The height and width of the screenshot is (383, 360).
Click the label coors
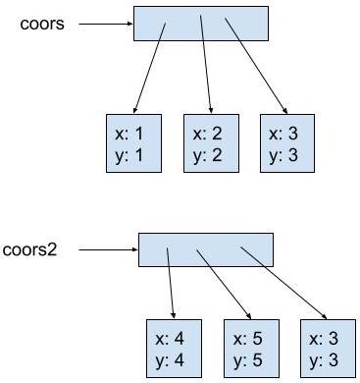[x=42, y=24]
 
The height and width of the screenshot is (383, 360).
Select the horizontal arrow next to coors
[x=104, y=24]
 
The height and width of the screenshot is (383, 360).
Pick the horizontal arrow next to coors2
[x=107, y=249]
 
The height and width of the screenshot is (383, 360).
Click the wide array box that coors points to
[x=200, y=24]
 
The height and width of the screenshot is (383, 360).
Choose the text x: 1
[x=132, y=135]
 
